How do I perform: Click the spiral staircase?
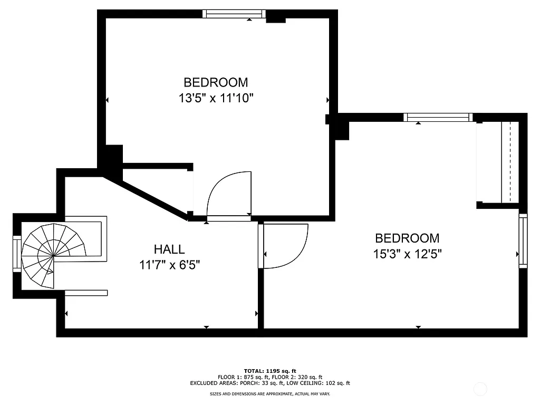[53, 256]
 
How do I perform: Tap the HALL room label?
[169, 249]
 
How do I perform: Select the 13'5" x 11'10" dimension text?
[216, 98]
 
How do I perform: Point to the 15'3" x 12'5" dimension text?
[407, 254]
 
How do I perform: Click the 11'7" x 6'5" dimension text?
[169, 265]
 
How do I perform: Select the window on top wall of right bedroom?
[438, 118]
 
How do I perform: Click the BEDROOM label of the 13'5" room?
[216, 83]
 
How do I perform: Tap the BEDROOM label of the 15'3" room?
[407, 238]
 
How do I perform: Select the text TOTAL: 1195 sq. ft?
[270, 371]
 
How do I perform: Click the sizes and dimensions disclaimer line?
[270, 394]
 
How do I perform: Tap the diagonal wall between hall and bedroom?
[145, 197]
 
